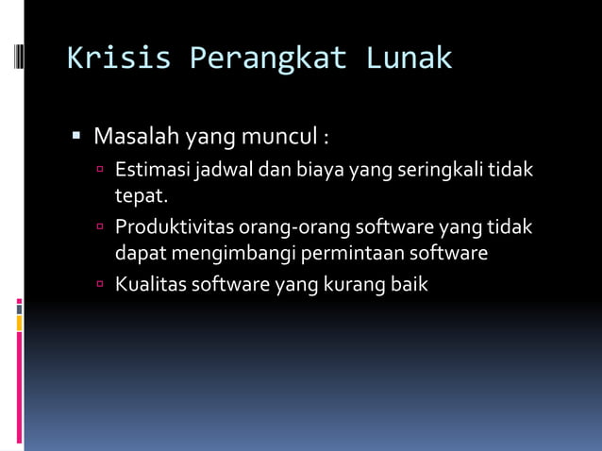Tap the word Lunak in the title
click(409, 58)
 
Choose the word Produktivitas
click(174, 227)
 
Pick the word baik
click(409, 284)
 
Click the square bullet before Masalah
click(77, 139)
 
